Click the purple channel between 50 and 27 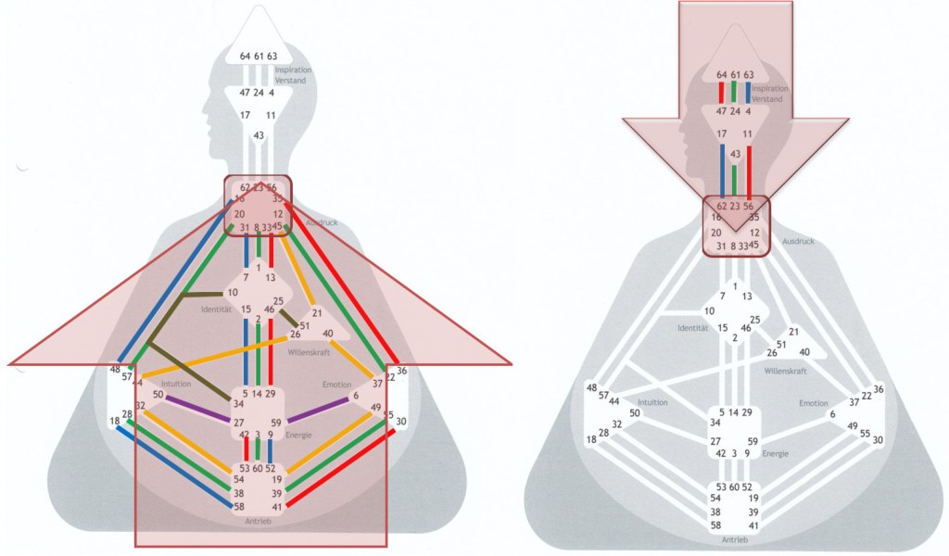[196, 409]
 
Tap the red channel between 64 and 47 [721, 93]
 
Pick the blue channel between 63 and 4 [748, 93]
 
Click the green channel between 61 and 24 [735, 92]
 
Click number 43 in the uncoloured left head [259, 135]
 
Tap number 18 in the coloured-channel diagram [114, 422]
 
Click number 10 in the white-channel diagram [709, 310]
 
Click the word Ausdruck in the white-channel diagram [798, 241]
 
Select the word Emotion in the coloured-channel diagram [336, 384]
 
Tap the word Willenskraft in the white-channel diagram [786, 371]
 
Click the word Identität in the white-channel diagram [692, 328]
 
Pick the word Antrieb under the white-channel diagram [734, 538]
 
